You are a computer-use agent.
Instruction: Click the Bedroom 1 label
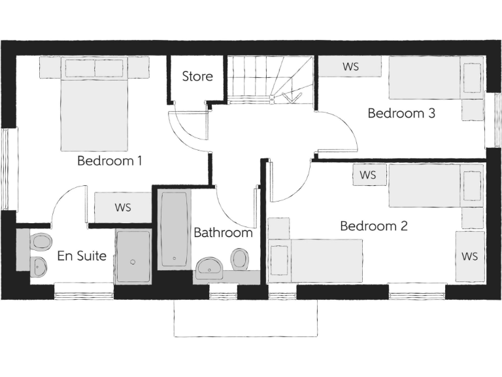[x=110, y=160]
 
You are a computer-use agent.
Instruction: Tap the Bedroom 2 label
[x=374, y=226]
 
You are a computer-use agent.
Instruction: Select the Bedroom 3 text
[x=401, y=113]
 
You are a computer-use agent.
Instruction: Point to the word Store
[x=197, y=77]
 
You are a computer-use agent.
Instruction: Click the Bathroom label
[x=223, y=232]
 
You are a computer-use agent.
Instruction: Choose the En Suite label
[x=82, y=256]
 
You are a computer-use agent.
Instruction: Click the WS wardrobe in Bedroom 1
[x=123, y=207]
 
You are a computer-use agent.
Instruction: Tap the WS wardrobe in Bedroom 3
[x=350, y=66]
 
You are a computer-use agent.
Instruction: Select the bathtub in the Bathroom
[x=174, y=230]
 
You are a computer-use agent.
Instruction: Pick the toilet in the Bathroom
[x=240, y=259]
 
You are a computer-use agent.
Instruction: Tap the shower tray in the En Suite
[x=133, y=256]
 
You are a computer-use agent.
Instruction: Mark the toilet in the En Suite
[x=41, y=242]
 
